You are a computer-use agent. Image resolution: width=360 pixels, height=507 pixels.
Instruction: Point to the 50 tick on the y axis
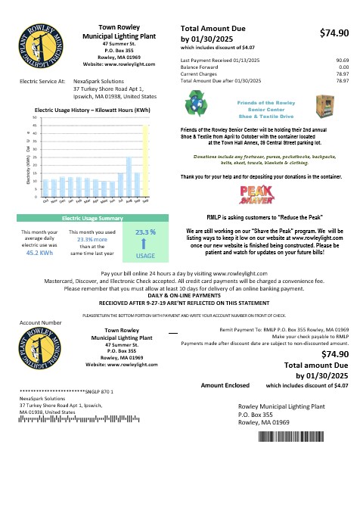pos(34,119)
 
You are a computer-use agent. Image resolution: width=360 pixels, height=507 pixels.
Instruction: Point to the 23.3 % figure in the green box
pos(145,232)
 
